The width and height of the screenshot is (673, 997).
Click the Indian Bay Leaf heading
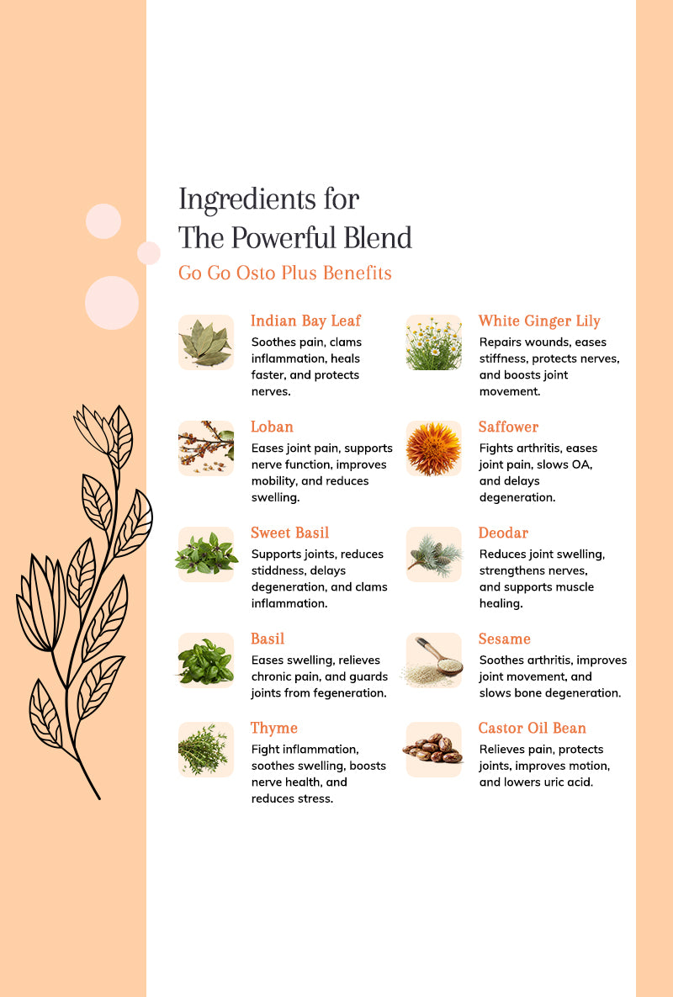[x=305, y=321]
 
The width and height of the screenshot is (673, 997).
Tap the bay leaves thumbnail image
[x=206, y=342]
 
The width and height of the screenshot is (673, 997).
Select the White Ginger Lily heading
[x=539, y=321]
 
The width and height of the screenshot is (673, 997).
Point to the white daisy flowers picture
[x=434, y=342]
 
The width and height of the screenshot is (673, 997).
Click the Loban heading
[x=272, y=427]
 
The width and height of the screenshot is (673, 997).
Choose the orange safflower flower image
[x=434, y=448]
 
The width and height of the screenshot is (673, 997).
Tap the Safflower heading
[x=508, y=427]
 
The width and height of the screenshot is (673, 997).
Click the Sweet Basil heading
[x=289, y=533]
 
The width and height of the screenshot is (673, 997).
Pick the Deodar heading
[x=503, y=533]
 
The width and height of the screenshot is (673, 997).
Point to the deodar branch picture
[x=434, y=554]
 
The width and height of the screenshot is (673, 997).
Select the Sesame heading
[x=505, y=639]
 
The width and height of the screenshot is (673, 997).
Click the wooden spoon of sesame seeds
[x=434, y=660]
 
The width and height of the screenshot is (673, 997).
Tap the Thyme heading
[x=274, y=728]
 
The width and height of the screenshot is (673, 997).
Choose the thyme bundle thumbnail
[x=206, y=750]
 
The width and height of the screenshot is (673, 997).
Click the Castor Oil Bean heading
[x=533, y=728]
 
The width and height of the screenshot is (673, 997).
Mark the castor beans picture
[x=434, y=750]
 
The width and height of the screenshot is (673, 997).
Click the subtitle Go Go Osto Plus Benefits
[x=284, y=273]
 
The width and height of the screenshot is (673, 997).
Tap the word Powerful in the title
[x=284, y=238]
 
